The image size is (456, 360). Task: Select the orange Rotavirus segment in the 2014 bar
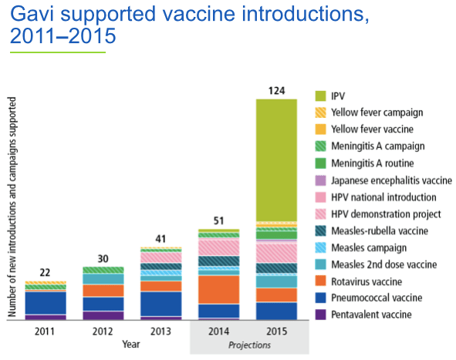pyautogui.click(x=218, y=289)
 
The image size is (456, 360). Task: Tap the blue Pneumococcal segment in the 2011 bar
pyautogui.click(x=45, y=303)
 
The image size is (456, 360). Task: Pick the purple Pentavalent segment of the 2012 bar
pyautogui.click(x=103, y=315)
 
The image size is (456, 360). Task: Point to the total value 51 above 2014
pyautogui.click(x=218, y=221)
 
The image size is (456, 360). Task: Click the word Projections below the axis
pyautogui.click(x=249, y=345)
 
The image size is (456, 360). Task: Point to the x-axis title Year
pyautogui.click(x=131, y=344)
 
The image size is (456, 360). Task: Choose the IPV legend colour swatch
pyautogui.click(x=323, y=96)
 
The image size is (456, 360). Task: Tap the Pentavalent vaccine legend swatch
pyautogui.click(x=323, y=315)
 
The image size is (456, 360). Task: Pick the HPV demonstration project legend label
pyautogui.click(x=386, y=214)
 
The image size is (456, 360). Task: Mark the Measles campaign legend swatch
pyautogui.click(x=323, y=247)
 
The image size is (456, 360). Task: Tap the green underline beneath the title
pyautogui.click(x=57, y=52)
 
